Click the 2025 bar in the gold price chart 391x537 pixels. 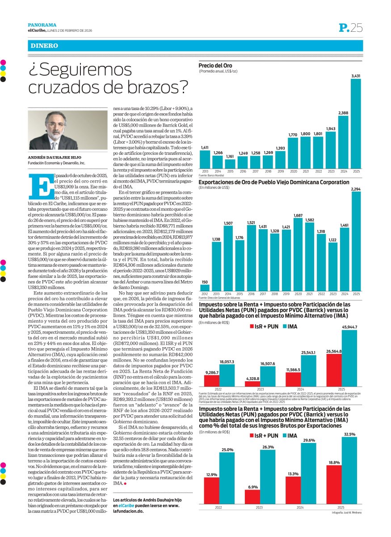[356, 124]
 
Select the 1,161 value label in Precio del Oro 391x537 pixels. [230, 156]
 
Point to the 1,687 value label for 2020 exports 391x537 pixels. [298, 216]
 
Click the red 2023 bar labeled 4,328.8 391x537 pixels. [252, 384]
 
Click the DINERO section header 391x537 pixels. [44, 46]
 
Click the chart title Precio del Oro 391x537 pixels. [215, 65]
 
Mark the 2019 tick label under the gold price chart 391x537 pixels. [280, 171]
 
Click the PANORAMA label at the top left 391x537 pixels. [42, 25]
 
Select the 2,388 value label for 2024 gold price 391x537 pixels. [343, 112]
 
